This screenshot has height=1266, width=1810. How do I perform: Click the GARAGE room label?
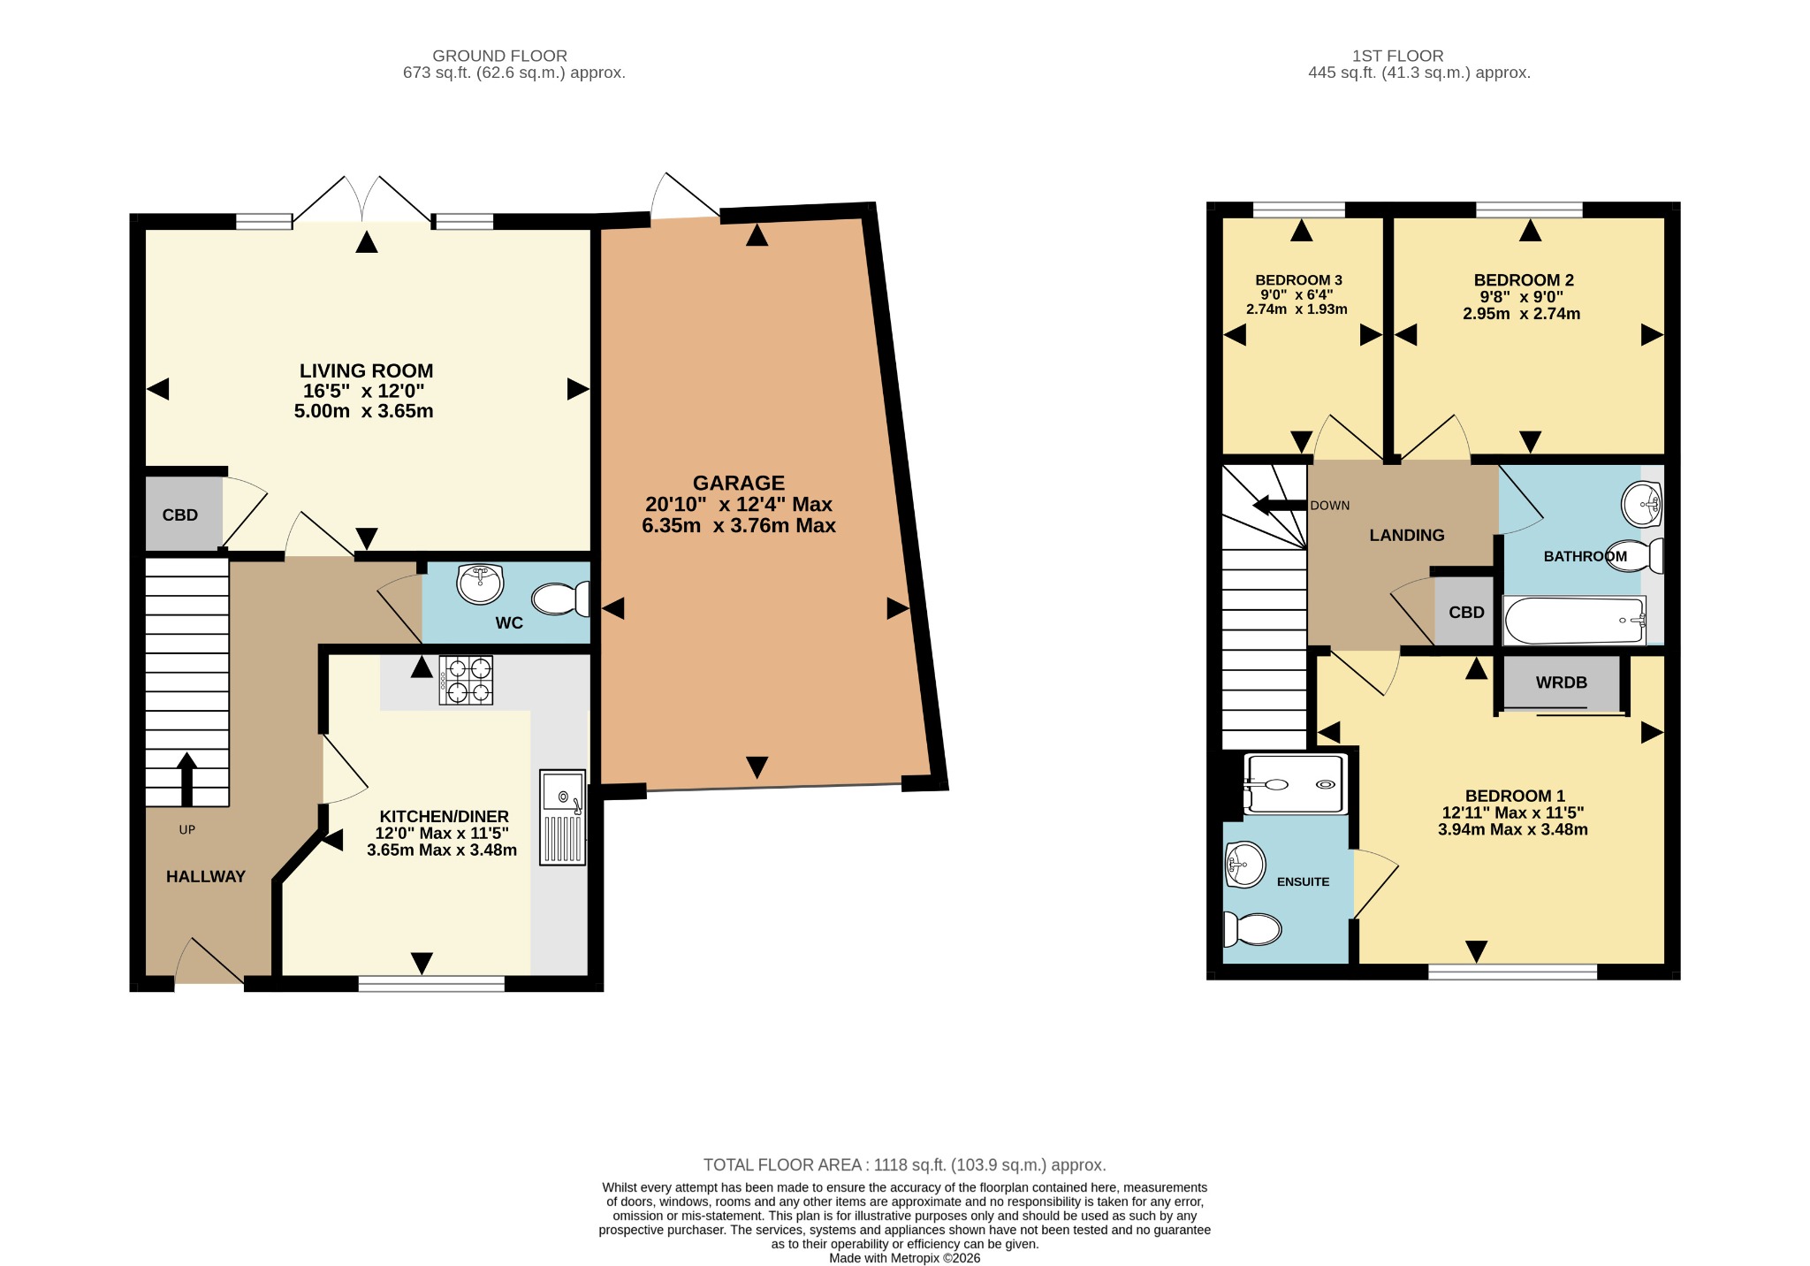point(739,483)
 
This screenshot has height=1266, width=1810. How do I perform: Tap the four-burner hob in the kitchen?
point(466,680)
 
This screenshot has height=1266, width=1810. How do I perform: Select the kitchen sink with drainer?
point(563,817)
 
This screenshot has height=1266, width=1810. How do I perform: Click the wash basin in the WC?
point(480,584)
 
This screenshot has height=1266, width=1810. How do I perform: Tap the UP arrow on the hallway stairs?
point(186,779)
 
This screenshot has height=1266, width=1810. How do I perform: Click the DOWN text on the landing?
point(1330,506)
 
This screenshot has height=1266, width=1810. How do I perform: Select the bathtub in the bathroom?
point(1575,621)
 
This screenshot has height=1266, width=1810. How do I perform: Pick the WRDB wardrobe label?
point(1562,683)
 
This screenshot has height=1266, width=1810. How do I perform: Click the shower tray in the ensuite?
point(1295,784)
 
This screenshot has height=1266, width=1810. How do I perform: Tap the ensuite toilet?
point(1252,929)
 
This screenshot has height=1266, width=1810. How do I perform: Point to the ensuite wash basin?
point(1245,864)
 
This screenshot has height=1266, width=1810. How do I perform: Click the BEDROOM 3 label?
point(1298,280)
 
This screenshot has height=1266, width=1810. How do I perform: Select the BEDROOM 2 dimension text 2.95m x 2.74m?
point(1522,314)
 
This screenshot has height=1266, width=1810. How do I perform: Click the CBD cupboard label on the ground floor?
point(180,515)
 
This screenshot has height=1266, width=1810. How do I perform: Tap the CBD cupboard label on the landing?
point(1466,613)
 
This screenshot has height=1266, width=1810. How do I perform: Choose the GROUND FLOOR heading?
point(500,56)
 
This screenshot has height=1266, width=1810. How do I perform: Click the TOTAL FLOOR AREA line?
point(905,1165)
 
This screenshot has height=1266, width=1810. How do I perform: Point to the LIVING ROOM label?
point(366,370)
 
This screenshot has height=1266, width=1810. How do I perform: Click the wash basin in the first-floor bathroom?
point(1643,505)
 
